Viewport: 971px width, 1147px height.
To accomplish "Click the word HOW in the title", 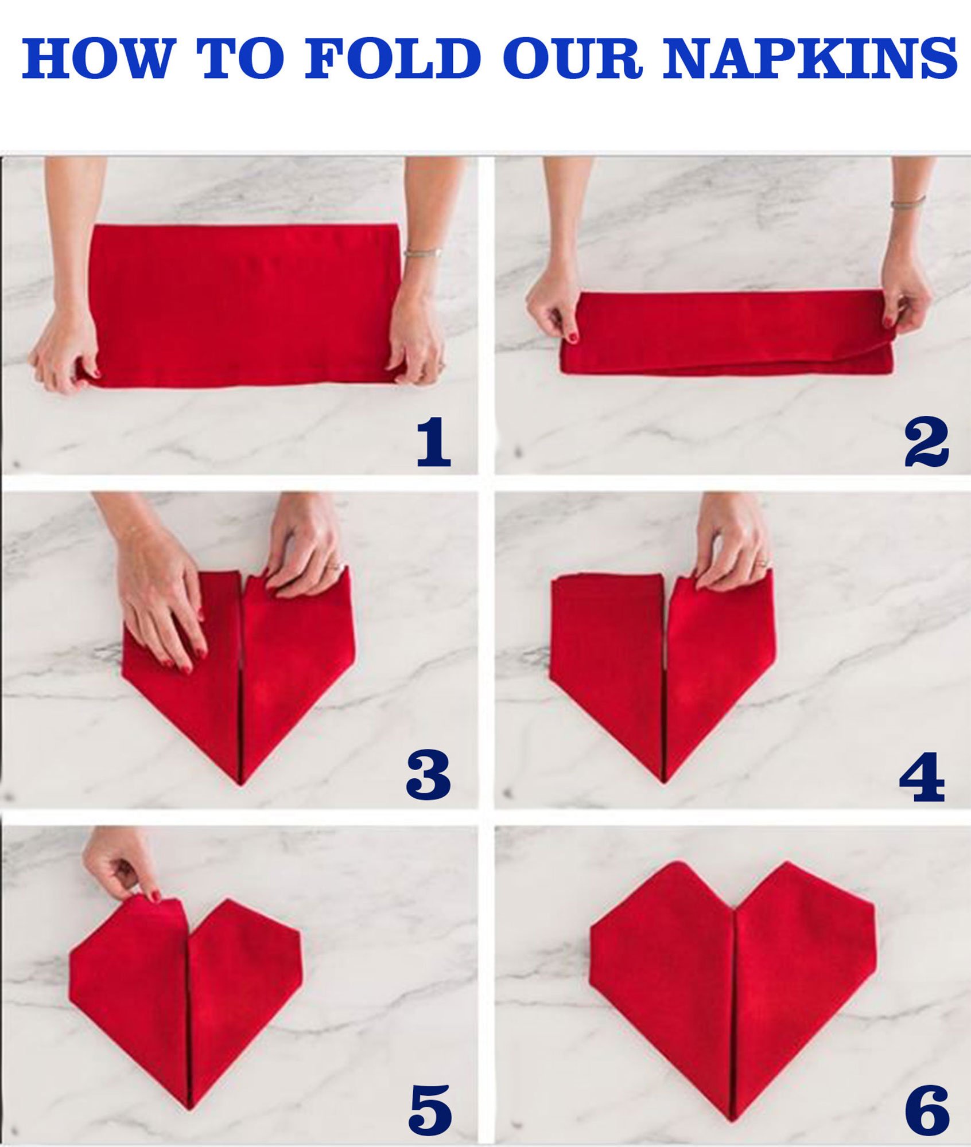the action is click(97, 59).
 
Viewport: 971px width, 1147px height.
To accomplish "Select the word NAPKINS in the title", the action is click(810, 59).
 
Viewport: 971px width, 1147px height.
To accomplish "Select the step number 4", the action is click(922, 777).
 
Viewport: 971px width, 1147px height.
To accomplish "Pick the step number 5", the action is click(430, 1109).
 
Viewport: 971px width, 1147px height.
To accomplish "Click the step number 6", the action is click(927, 1109).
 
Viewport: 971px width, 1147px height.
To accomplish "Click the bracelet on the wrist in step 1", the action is click(423, 252).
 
